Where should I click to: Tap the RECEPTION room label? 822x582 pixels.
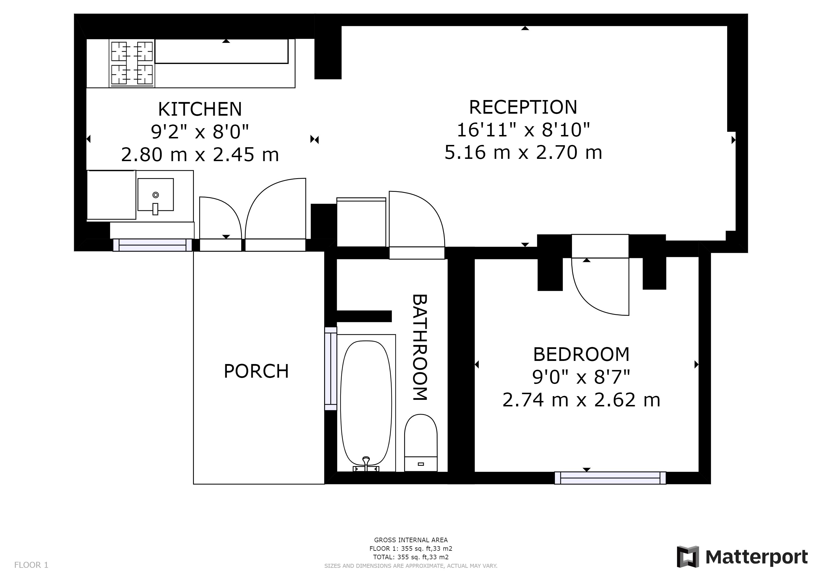tap(523, 107)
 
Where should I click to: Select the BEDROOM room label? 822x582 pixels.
tap(581, 354)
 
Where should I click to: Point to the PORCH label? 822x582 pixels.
tap(256, 371)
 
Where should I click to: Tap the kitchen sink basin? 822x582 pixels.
tap(155, 195)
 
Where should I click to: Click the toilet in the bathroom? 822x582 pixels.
tap(421, 443)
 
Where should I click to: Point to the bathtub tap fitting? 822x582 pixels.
tap(366, 464)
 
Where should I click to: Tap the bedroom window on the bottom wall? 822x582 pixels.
tap(610, 478)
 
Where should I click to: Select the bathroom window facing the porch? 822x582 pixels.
tap(331, 368)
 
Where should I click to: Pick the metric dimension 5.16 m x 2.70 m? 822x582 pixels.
tap(523, 152)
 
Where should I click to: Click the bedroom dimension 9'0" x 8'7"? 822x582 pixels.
tap(581, 377)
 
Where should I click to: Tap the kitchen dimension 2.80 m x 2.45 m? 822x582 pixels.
tap(200, 155)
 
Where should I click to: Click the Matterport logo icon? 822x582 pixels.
tap(688, 556)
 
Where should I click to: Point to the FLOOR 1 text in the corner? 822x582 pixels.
tap(31, 565)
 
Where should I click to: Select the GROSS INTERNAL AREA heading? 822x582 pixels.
tap(411, 540)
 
